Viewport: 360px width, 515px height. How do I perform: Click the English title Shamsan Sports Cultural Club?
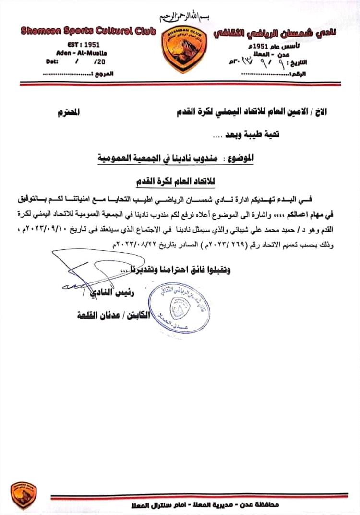(x=88, y=31)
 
